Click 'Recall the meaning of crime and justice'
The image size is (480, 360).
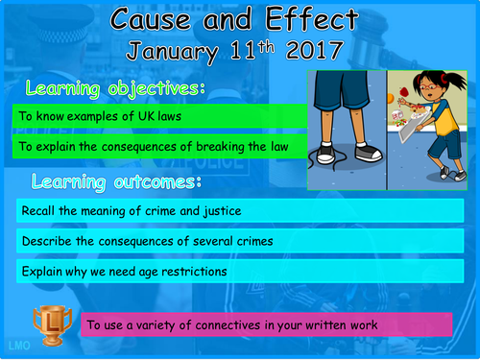(115, 210)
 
